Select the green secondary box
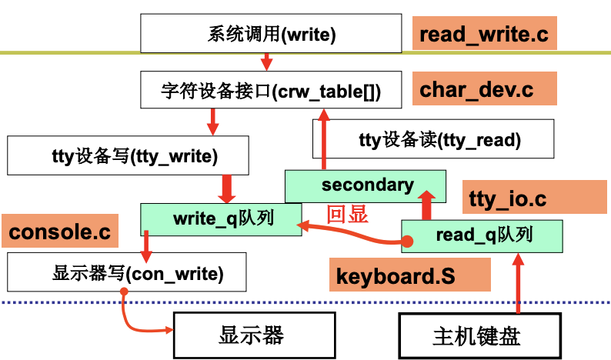pos(366,185)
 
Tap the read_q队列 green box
pos(482,235)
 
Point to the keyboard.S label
pos(410,275)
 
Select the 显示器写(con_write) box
pos(127,272)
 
